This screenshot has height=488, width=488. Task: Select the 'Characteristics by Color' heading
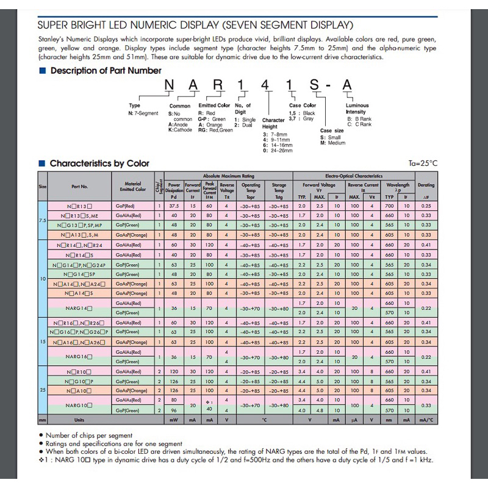click(99, 163)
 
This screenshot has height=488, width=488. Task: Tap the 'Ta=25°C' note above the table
click(423, 163)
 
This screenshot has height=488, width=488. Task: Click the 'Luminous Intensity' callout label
click(356, 109)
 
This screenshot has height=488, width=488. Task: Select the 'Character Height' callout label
click(274, 123)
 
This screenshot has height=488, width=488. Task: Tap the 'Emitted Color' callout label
click(215, 106)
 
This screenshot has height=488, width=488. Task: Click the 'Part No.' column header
click(79, 187)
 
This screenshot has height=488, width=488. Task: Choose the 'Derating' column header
click(426, 185)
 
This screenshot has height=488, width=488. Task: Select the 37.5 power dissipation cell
click(174, 206)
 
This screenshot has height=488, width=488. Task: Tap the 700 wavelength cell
click(389, 206)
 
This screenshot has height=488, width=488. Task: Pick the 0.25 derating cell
click(426, 206)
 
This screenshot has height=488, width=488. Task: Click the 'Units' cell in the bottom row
click(79, 420)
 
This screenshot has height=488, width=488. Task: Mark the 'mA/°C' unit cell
click(426, 420)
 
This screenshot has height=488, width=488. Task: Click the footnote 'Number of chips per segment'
click(97, 436)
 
